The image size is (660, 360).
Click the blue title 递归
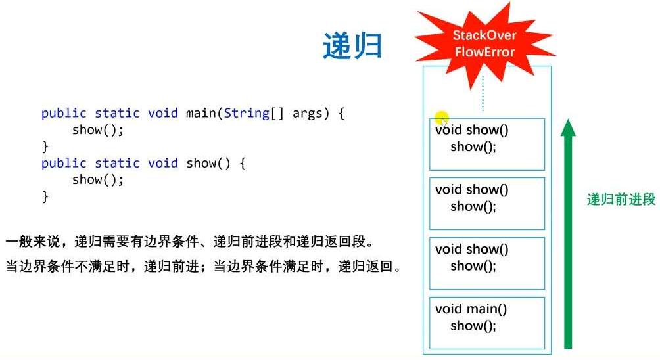[352, 45]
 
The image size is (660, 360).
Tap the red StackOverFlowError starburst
[485, 44]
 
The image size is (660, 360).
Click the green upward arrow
[568, 234]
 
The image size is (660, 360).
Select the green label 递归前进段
[621, 199]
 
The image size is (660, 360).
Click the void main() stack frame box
[487, 323]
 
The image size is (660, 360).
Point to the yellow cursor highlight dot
[442, 118]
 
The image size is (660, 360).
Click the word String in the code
[247, 113]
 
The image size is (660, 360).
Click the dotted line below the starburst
[483, 93]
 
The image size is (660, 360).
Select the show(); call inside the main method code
[98, 130]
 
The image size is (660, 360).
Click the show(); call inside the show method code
[98, 180]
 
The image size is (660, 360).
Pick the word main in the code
[201, 113]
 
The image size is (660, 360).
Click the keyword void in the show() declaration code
[163, 163]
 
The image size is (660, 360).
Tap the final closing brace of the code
[45, 196]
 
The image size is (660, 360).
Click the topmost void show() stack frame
[487, 145]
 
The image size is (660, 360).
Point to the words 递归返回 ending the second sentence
[365, 266]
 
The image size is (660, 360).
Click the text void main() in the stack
[471, 309]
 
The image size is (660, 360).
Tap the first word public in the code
[64, 114]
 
